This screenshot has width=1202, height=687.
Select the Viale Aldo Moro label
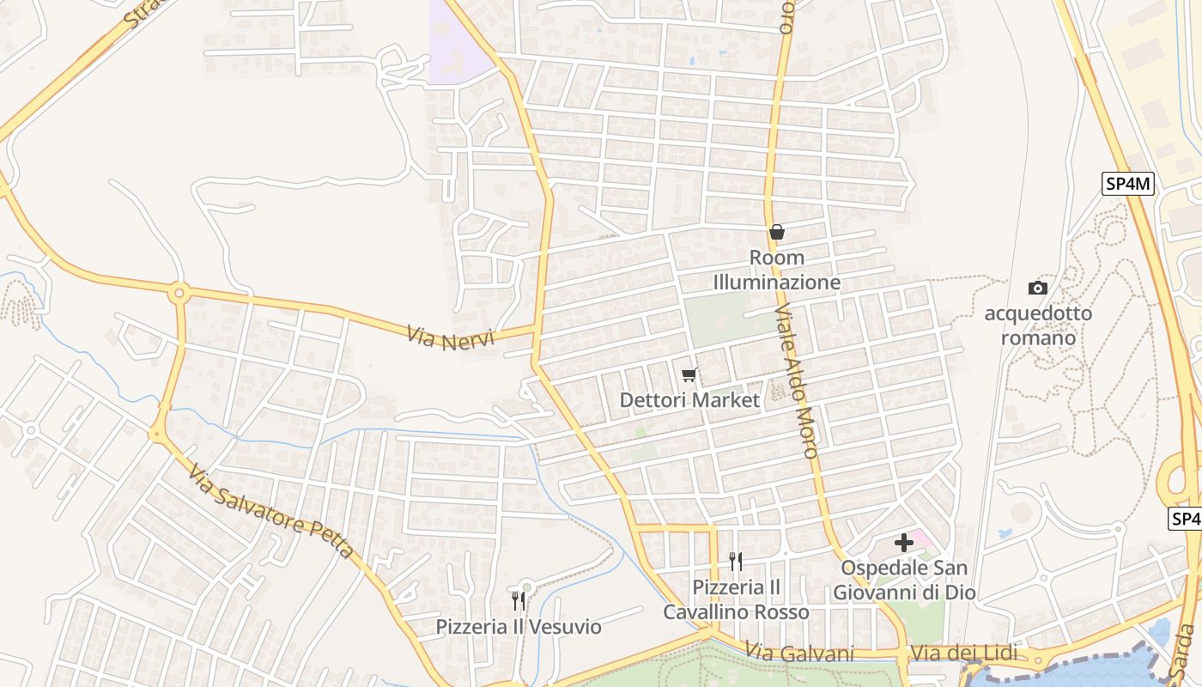tap(798, 381)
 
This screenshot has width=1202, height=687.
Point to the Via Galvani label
tap(799, 654)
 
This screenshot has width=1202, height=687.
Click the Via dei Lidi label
tap(963, 654)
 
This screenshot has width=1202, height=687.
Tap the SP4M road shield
tap(1128, 183)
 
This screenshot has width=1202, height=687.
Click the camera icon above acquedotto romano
tap(1038, 289)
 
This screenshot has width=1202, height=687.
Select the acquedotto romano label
tap(1038, 325)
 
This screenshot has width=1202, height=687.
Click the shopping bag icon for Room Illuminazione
tap(777, 232)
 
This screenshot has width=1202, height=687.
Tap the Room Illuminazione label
tap(777, 270)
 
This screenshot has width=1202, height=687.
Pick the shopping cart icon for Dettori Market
tap(689, 375)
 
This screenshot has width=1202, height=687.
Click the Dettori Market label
tap(689, 400)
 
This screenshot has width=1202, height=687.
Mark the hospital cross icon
tap(904, 543)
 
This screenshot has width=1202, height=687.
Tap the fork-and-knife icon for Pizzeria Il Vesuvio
tap(519, 600)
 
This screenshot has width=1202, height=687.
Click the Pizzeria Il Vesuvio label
tap(519, 627)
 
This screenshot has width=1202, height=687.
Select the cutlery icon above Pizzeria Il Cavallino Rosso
tap(736, 562)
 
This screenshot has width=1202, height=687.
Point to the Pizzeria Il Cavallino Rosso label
tap(736, 599)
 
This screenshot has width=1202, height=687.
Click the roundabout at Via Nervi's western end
tap(179, 293)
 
